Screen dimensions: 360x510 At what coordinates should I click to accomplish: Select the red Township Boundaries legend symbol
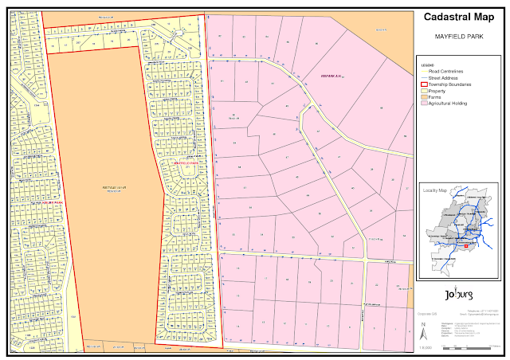(425, 84)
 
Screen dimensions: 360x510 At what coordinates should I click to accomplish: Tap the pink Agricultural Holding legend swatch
(425, 104)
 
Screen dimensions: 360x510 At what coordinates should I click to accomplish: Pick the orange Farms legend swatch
(425, 97)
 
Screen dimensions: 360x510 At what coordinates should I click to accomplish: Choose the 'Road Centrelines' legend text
(445, 72)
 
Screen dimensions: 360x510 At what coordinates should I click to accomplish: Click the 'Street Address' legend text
(443, 78)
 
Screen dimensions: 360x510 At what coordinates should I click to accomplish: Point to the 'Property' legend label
(437, 91)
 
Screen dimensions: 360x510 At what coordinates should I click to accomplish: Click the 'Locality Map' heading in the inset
(435, 192)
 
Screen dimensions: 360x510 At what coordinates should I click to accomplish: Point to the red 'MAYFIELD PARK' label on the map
(186, 162)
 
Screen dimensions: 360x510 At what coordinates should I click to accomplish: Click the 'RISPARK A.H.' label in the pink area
(330, 76)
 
